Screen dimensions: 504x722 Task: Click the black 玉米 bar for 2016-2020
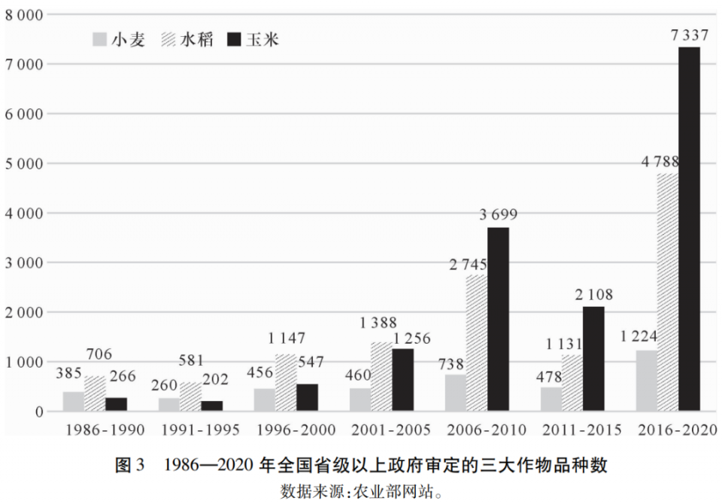pos(689,229)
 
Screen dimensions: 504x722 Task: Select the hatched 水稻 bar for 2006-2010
pos(475,343)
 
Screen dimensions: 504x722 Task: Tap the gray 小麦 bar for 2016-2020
pos(647,381)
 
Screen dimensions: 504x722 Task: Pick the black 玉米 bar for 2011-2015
pos(593,359)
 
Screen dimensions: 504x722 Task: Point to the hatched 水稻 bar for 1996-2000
pos(286,383)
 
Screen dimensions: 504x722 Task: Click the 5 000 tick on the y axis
pos(22,163)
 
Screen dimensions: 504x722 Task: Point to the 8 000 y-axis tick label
pos(22,14)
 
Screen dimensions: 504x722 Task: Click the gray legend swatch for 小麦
pos(99,39)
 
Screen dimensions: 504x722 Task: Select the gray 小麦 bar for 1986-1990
pos(74,402)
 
